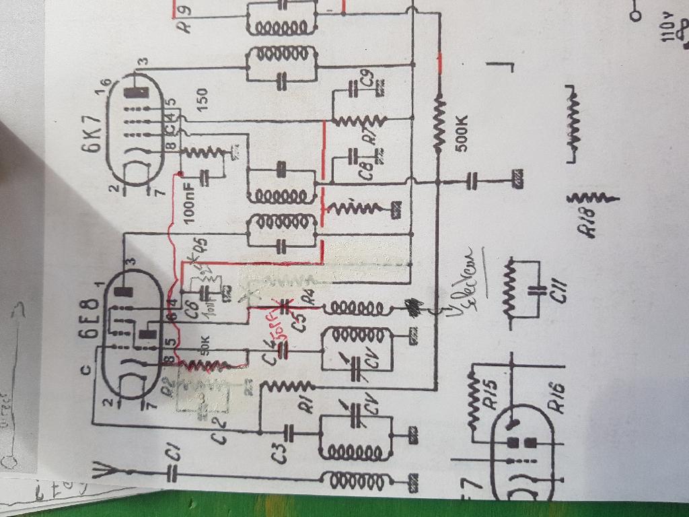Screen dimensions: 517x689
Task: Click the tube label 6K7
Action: [96, 133]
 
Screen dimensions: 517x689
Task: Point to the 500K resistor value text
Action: [465, 134]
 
